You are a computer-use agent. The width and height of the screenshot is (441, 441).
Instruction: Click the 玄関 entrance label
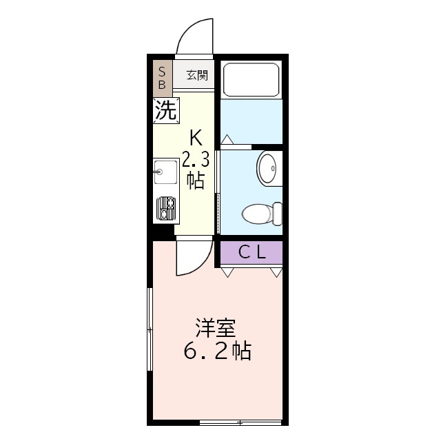197,75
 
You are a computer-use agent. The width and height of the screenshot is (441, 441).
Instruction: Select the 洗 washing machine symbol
166,110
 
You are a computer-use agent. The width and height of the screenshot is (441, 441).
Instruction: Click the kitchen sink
165,172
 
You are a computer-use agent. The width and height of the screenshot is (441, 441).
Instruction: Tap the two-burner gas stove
166,207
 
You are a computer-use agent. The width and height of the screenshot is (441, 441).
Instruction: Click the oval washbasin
267,167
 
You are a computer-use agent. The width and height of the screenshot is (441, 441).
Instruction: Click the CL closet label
252,252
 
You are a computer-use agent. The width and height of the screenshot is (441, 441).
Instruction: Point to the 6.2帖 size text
216,352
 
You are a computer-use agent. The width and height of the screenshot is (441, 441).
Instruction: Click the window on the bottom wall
240,422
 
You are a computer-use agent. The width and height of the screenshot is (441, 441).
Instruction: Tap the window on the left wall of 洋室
150,331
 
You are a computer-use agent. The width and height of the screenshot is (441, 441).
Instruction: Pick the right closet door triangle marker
276,272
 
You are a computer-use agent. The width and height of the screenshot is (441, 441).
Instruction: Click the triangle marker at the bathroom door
227,139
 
